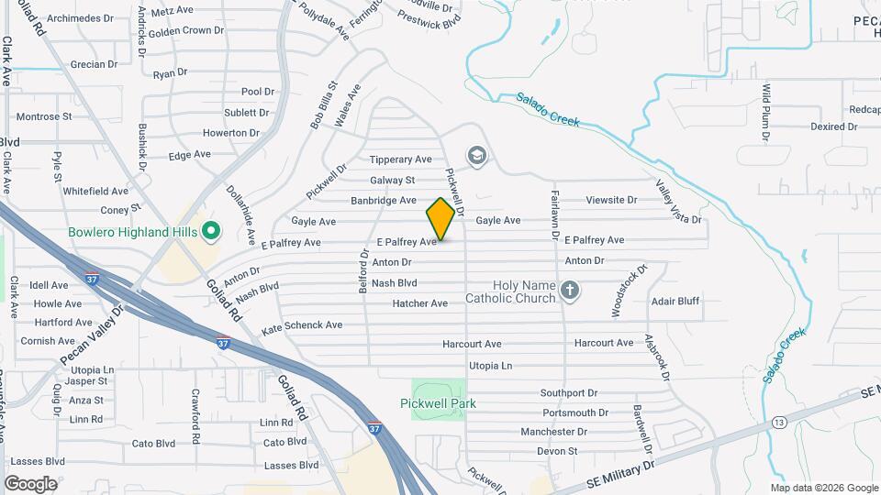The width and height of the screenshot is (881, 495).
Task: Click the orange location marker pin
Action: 440,218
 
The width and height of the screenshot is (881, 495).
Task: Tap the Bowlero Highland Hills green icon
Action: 210,231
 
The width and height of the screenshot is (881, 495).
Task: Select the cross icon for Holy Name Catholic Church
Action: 570,291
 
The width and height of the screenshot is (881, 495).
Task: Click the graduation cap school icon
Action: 476,157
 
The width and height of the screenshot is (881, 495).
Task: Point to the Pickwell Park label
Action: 439,403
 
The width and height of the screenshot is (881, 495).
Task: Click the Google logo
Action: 30,483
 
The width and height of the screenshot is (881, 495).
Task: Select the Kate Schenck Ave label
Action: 302,325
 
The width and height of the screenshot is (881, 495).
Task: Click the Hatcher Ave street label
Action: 419,303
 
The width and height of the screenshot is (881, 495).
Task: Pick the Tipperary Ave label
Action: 400,159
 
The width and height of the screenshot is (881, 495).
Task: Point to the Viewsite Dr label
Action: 611,200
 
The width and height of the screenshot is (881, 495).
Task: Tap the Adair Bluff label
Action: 675,301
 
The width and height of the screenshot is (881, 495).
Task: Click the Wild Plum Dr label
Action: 765,111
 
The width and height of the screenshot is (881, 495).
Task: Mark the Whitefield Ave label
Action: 95,192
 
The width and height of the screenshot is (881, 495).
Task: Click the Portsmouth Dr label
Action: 575,413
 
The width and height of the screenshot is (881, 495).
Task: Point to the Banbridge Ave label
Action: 384,200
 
